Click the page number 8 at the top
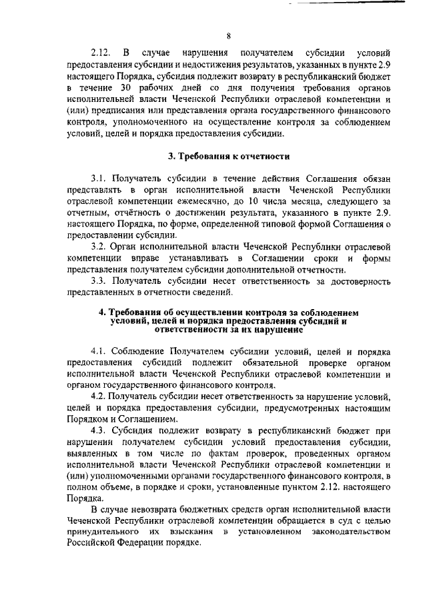click(228, 36)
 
